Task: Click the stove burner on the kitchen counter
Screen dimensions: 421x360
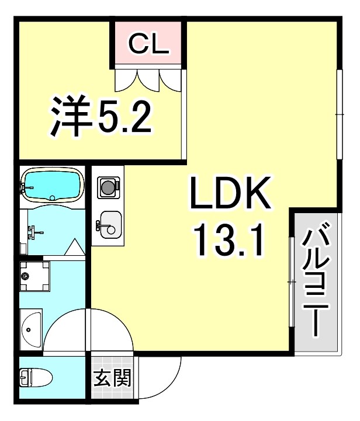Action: pos(108,187)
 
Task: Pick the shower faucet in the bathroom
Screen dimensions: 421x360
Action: pos(32,232)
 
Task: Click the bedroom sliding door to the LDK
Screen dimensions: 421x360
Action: pos(184,114)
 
